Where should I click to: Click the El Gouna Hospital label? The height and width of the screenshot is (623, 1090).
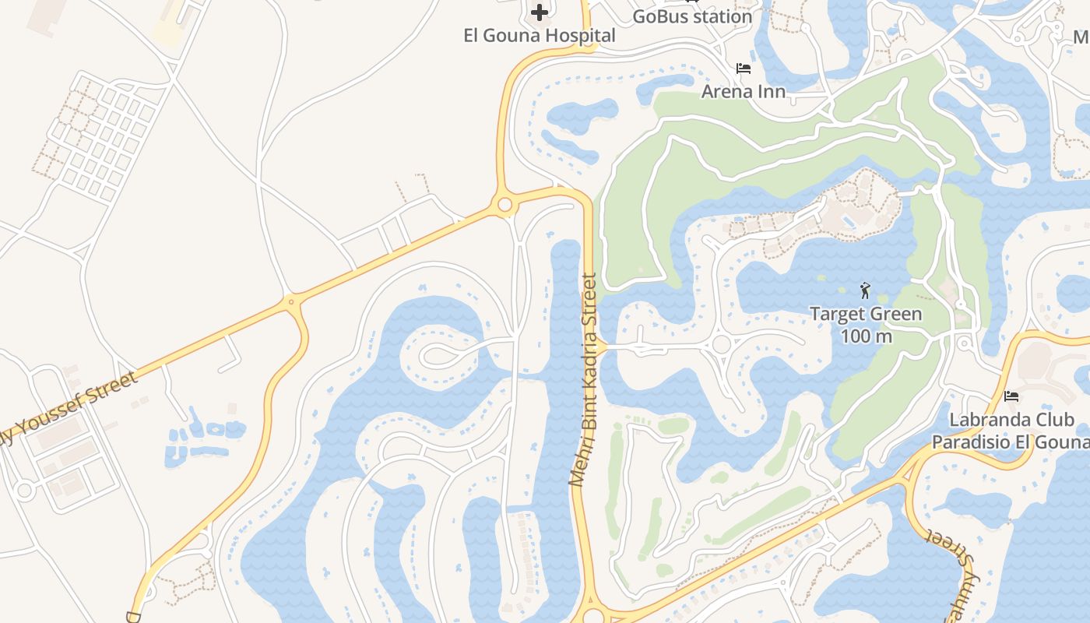[x=539, y=36]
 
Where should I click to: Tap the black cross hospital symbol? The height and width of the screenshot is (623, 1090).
[x=540, y=12]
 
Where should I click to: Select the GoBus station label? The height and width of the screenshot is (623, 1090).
[x=692, y=16]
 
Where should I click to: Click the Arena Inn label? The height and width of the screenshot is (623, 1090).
[x=743, y=91]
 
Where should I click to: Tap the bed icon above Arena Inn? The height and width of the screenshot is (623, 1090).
[x=744, y=69]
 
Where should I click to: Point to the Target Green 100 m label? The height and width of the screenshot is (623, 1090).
[x=866, y=325]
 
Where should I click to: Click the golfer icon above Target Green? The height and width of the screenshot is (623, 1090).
[x=865, y=291]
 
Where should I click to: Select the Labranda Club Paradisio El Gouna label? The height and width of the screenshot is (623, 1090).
[x=1011, y=431]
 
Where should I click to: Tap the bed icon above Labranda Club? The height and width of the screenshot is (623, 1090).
[x=1011, y=396]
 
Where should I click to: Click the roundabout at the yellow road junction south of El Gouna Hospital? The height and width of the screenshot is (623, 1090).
[x=505, y=205]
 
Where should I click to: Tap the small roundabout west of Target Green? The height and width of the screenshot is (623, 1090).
[x=721, y=344]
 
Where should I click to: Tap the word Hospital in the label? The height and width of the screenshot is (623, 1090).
[x=581, y=36]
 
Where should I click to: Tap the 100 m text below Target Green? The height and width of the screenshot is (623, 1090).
[x=866, y=336]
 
